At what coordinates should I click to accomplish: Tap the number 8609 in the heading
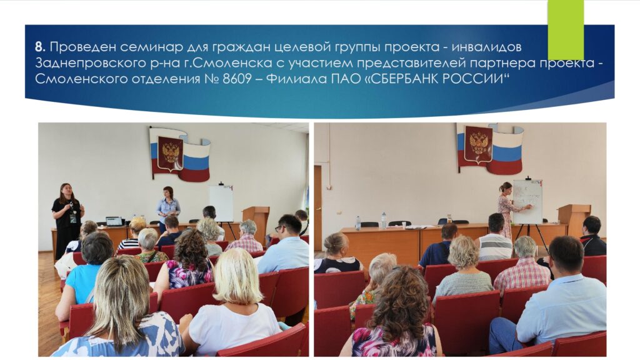coord(237,78)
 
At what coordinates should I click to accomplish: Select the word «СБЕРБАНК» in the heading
coord(421,78)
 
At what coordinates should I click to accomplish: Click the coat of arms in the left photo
coord(170,153)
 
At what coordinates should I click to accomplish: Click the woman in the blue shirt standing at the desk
coord(167,207)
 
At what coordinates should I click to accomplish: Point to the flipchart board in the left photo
coord(221,203)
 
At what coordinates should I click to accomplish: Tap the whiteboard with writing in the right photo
coord(527,202)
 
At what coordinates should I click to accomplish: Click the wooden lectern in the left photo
coord(256,222)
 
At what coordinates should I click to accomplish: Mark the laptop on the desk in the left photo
coord(114,221)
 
